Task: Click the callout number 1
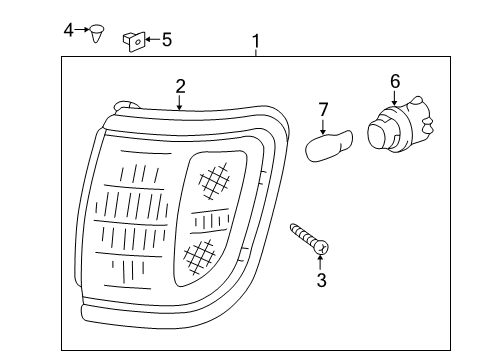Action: [256, 41]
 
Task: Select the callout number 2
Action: [180, 86]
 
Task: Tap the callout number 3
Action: [321, 280]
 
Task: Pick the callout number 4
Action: [68, 30]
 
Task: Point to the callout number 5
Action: [167, 40]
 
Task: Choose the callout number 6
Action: [395, 81]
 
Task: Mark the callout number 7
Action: [323, 110]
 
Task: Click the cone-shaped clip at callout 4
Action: [97, 33]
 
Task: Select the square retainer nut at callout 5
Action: [134, 41]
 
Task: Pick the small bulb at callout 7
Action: [329, 146]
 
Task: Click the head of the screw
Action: [322, 248]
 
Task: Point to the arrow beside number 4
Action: [82, 30]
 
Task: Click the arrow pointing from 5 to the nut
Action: [153, 39]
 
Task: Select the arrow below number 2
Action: [180, 102]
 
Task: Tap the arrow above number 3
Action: [321, 262]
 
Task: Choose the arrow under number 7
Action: [323, 126]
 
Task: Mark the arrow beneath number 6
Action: [395, 98]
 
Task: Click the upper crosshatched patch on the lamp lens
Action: [214, 181]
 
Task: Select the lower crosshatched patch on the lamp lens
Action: [199, 256]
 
